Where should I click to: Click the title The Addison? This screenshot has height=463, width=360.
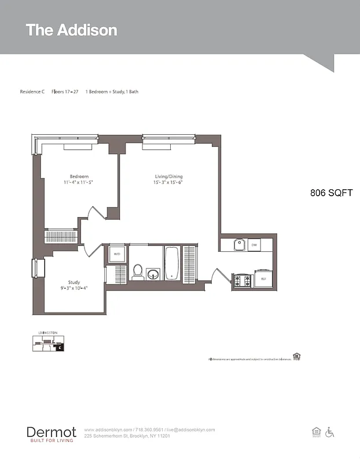[x=71, y=30]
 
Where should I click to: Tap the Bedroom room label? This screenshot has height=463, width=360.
[x=79, y=177]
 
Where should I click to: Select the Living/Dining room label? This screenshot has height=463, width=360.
[x=168, y=177]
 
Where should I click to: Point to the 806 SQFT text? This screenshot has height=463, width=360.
[x=331, y=193]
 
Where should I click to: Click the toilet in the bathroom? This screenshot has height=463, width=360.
[x=138, y=271]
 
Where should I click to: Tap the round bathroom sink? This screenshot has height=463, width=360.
[x=153, y=273]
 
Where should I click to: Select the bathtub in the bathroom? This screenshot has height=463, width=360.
[x=172, y=263]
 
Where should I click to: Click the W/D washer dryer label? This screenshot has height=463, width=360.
[x=116, y=253]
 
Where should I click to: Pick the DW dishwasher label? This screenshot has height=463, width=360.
[x=254, y=245]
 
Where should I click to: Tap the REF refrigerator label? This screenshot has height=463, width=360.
[x=263, y=279]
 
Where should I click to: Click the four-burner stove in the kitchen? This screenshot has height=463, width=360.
[x=243, y=281]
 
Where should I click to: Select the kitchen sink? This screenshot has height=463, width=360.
[x=239, y=245]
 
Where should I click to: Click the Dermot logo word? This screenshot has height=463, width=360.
[x=51, y=432]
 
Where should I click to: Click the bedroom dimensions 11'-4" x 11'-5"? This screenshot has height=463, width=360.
[x=79, y=182]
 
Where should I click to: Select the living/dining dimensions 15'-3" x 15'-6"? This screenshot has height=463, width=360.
[x=168, y=182]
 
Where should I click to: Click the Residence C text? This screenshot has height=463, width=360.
[x=32, y=91]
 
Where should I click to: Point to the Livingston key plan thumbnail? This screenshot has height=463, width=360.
[x=48, y=343]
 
